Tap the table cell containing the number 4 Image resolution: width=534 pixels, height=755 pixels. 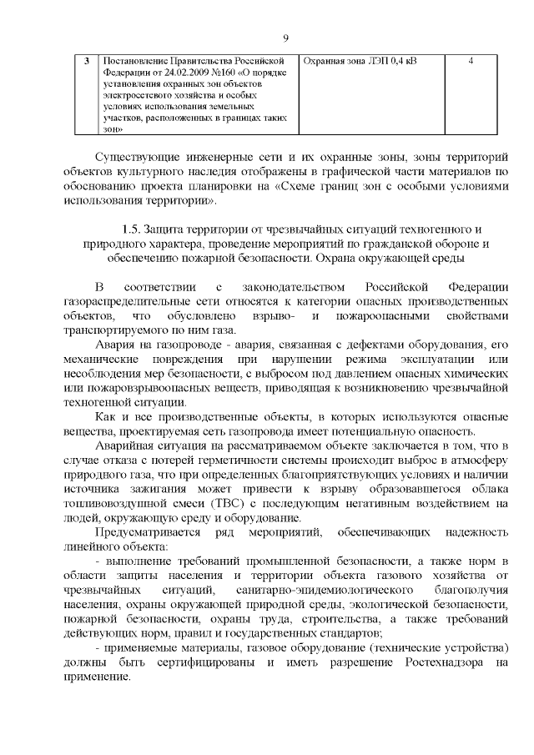(472, 62)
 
